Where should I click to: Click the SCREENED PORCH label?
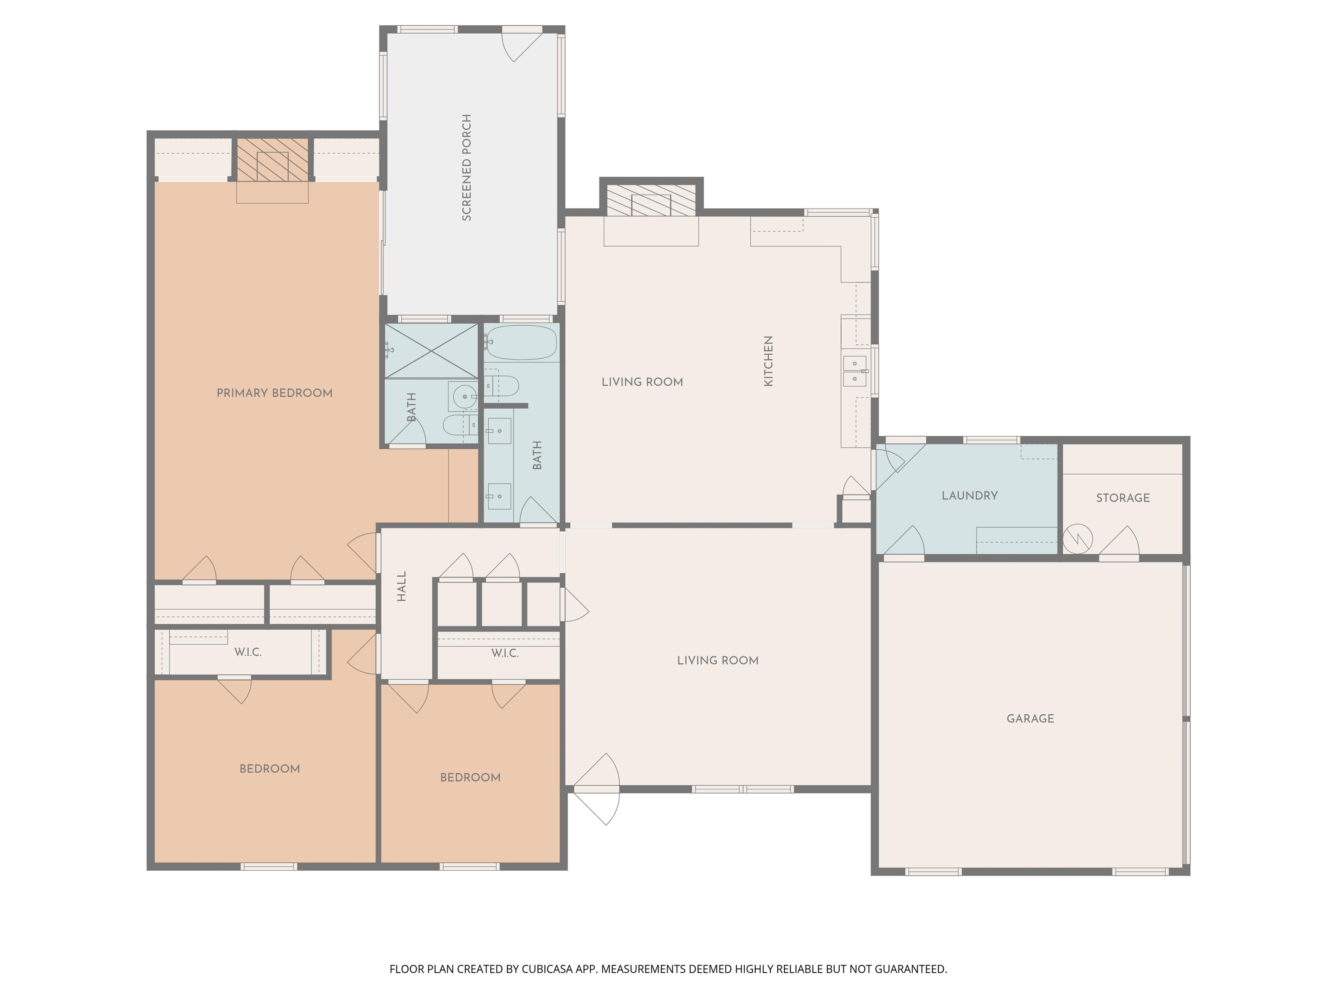coord(467,168)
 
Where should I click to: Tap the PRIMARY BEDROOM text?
coord(275,393)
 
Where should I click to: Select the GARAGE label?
coord(1031,718)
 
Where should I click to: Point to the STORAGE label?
coord(1123,498)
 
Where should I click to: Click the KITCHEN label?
coord(768,361)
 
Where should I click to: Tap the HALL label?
coord(401,586)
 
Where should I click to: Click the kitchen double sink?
coord(855,370)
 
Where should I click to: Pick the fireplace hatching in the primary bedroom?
coord(272,160)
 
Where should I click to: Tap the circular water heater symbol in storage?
coord(1078,538)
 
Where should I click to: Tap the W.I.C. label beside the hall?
coord(505,653)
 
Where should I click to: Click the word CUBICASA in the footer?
coord(547,969)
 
